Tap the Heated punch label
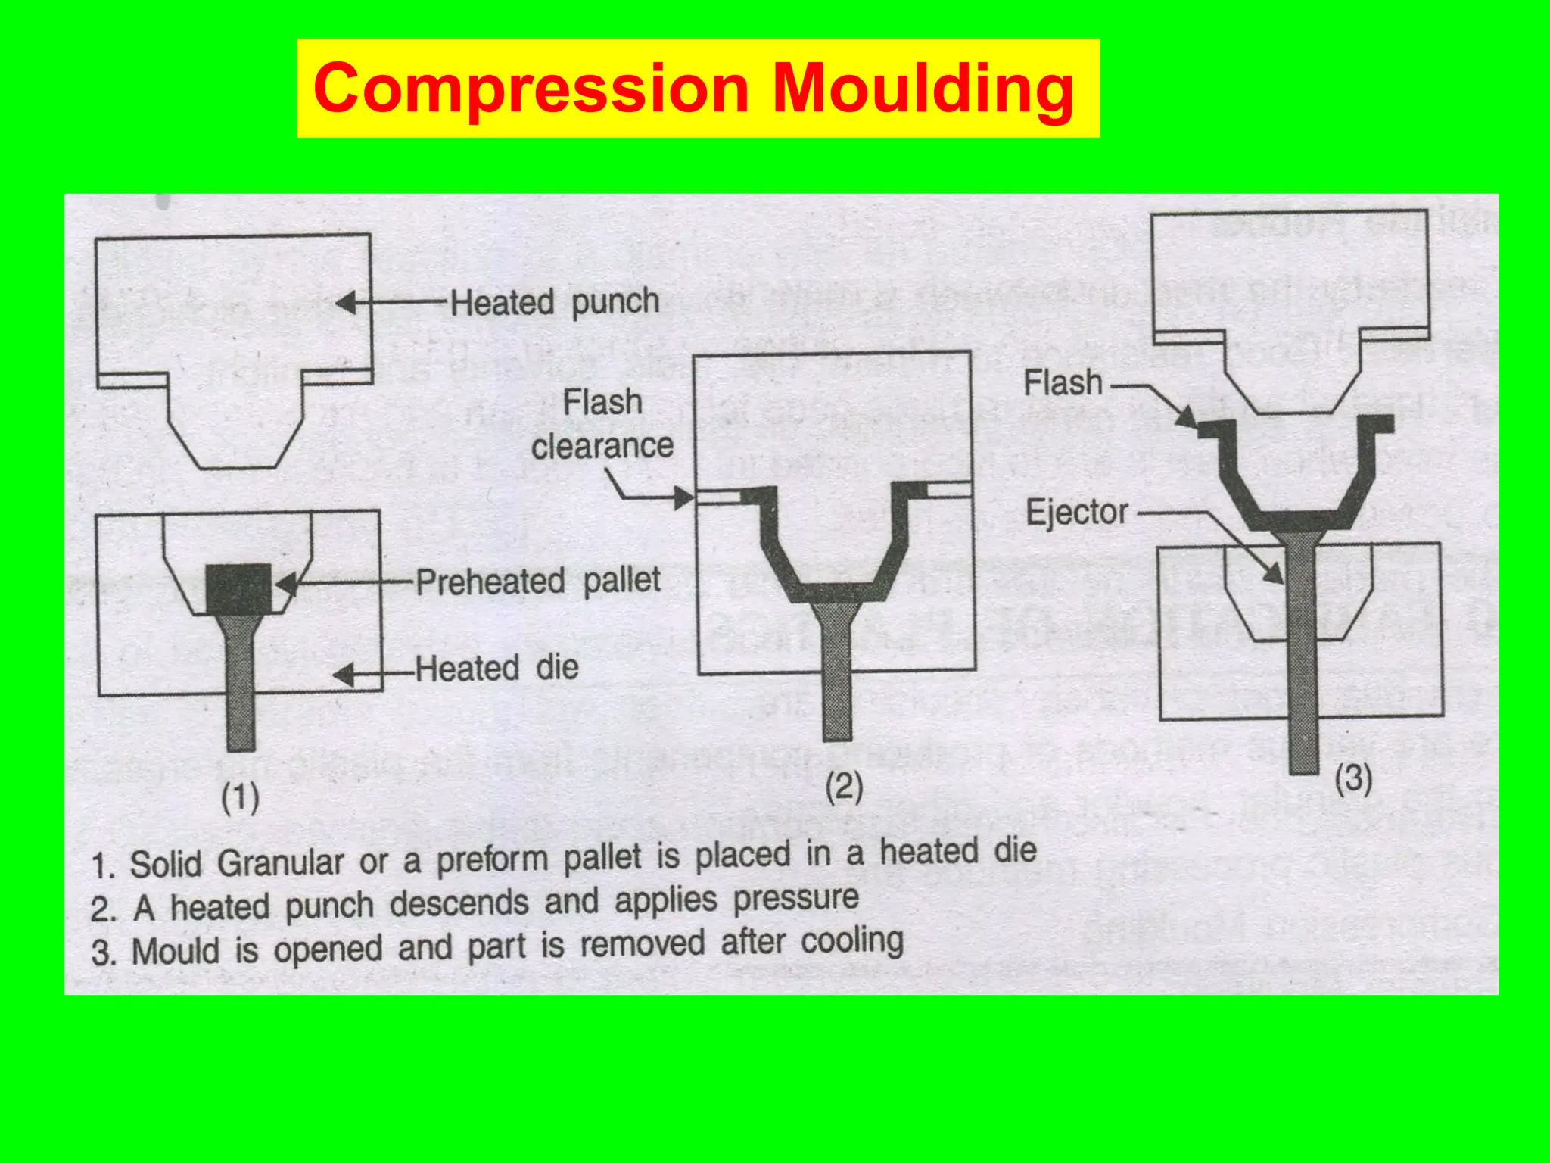[x=555, y=302]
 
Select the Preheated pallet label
[x=538, y=581]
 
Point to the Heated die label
[x=497, y=669]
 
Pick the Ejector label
[x=1077, y=513]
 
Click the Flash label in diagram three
[x=1063, y=383]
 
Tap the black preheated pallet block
[x=239, y=588]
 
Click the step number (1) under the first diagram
[x=240, y=798]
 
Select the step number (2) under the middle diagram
[x=844, y=787]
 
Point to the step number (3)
[x=1353, y=778]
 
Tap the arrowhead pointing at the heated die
[x=344, y=675]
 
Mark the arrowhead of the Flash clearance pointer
[x=684, y=498]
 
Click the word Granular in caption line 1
[x=280, y=862]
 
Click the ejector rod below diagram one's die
[x=241, y=704]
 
